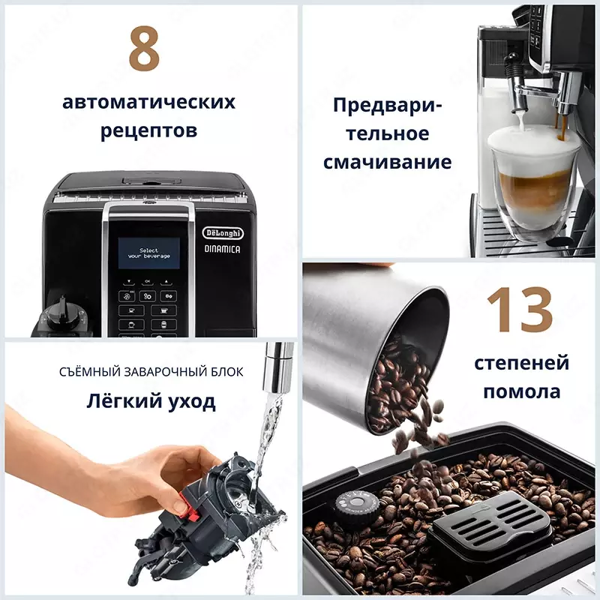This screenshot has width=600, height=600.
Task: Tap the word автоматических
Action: click(x=148, y=103)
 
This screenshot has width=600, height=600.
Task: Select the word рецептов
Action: click(x=148, y=130)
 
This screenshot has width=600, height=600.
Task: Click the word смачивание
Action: click(x=387, y=162)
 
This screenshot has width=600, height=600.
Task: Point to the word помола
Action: click(x=521, y=391)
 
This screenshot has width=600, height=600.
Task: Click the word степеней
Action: click(x=521, y=364)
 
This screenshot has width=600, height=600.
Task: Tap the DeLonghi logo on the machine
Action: click(x=223, y=233)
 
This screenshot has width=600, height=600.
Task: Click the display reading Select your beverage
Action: click(x=149, y=254)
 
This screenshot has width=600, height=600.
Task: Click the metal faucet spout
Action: click(x=280, y=360)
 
